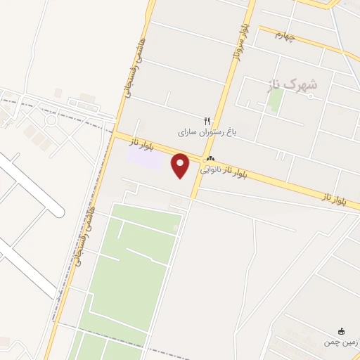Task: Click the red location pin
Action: click(x=181, y=165)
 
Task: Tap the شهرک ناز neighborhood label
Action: click(x=292, y=84)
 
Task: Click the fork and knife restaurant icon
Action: click(x=207, y=120)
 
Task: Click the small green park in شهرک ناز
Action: click(x=275, y=99)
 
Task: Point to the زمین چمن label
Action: click(x=341, y=342)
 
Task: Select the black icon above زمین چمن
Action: click(x=342, y=331)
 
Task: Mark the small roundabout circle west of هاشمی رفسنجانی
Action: click(x=51, y=120)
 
